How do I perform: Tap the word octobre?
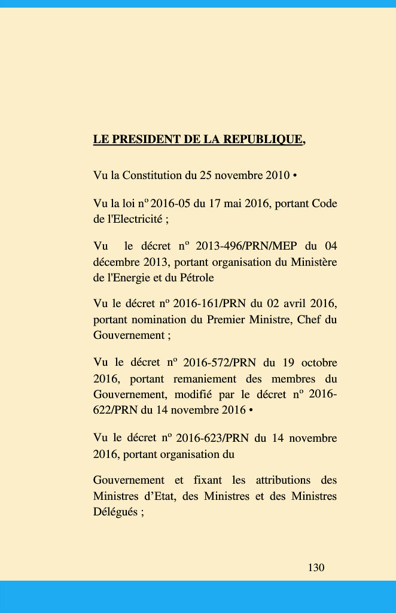click(319, 363)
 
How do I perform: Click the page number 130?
click(316, 568)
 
